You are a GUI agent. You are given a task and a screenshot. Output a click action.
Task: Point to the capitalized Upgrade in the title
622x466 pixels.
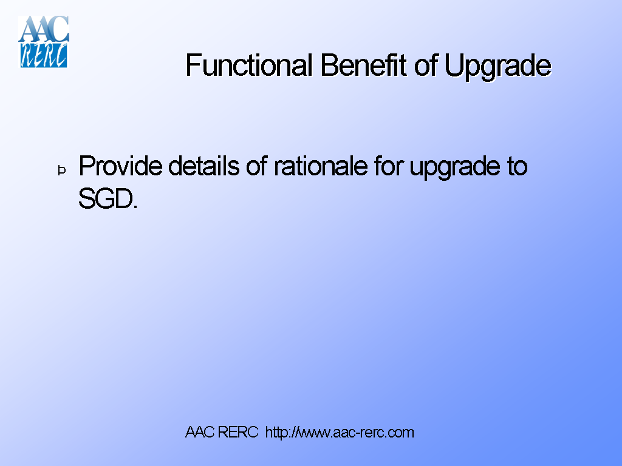[x=497, y=66]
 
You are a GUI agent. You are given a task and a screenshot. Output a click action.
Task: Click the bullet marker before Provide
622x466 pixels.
[x=61, y=171]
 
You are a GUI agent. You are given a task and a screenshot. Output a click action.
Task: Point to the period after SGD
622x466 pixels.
[x=135, y=207]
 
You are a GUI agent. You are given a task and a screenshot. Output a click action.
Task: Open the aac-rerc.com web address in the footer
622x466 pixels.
[x=340, y=433]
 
